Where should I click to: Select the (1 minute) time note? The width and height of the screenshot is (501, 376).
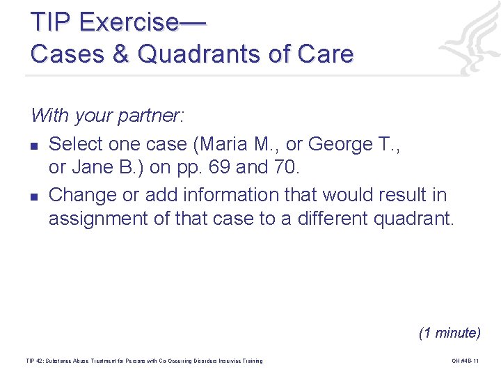[x=449, y=333]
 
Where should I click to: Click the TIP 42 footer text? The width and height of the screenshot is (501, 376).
[x=144, y=361]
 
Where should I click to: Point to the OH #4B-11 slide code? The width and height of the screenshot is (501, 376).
[x=466, y=361]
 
